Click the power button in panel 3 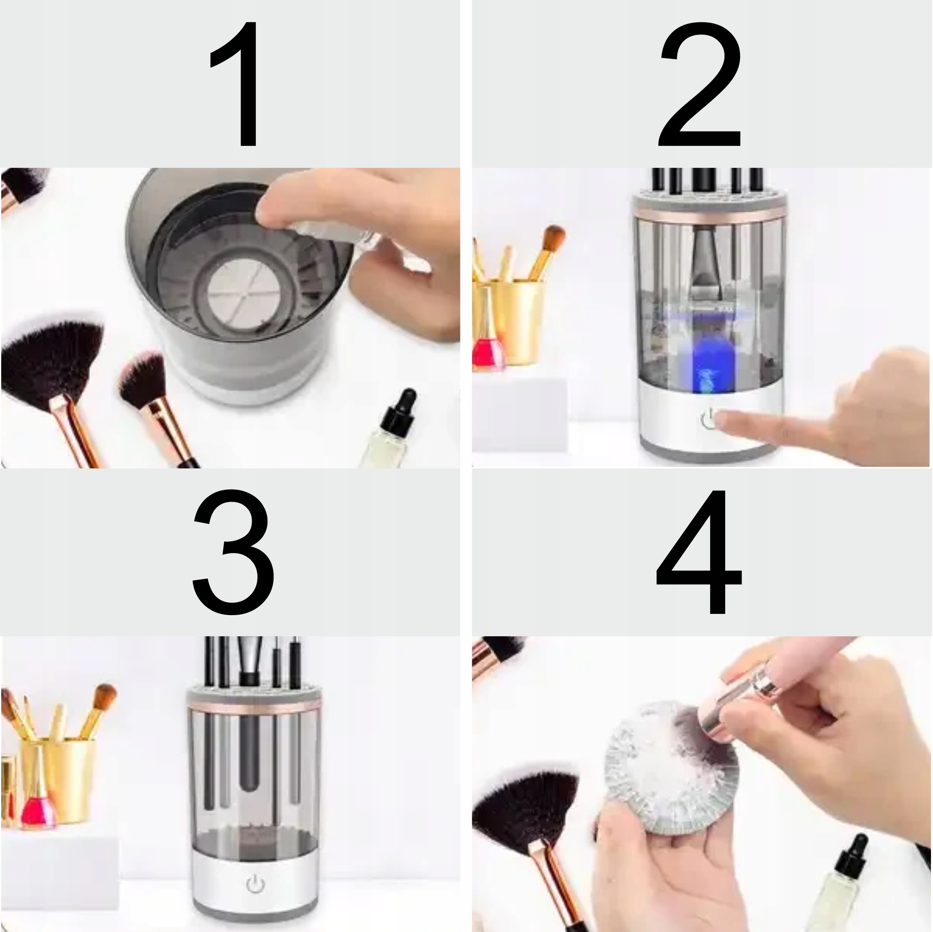tap(255, 884)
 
